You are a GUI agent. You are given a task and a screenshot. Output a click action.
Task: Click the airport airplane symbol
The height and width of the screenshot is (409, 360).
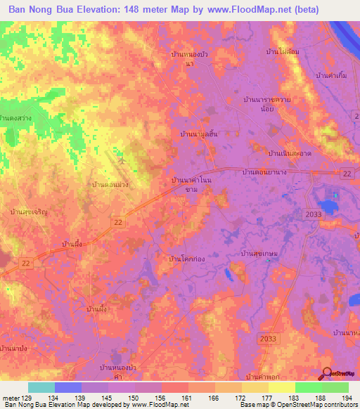click(123, 159)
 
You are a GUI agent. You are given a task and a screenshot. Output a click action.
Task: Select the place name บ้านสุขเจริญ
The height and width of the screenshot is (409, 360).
click(27, 210)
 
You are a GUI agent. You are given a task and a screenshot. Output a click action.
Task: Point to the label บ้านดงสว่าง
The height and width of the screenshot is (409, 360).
click(17, 119)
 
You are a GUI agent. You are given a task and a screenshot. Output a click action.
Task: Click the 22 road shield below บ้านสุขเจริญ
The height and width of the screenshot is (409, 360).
click(117, 222)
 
